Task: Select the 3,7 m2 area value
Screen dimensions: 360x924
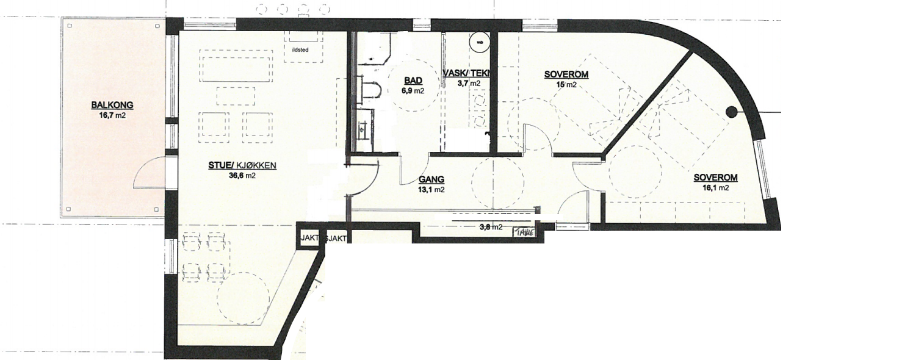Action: (x=469, y=83)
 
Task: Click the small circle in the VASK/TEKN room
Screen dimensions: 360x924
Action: (x=479, y=42)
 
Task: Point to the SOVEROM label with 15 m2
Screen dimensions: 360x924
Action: (x=566, y=75)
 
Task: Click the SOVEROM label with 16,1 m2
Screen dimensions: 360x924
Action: (x=715, y=178)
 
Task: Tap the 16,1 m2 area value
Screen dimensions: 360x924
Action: (x=715, y=188)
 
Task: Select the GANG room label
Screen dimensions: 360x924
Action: (x=431, y=180)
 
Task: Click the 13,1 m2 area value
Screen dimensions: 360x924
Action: (x=431, y=190)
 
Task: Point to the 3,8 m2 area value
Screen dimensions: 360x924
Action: (x=491, y=227)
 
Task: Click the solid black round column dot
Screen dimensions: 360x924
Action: (x=731, y=112)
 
